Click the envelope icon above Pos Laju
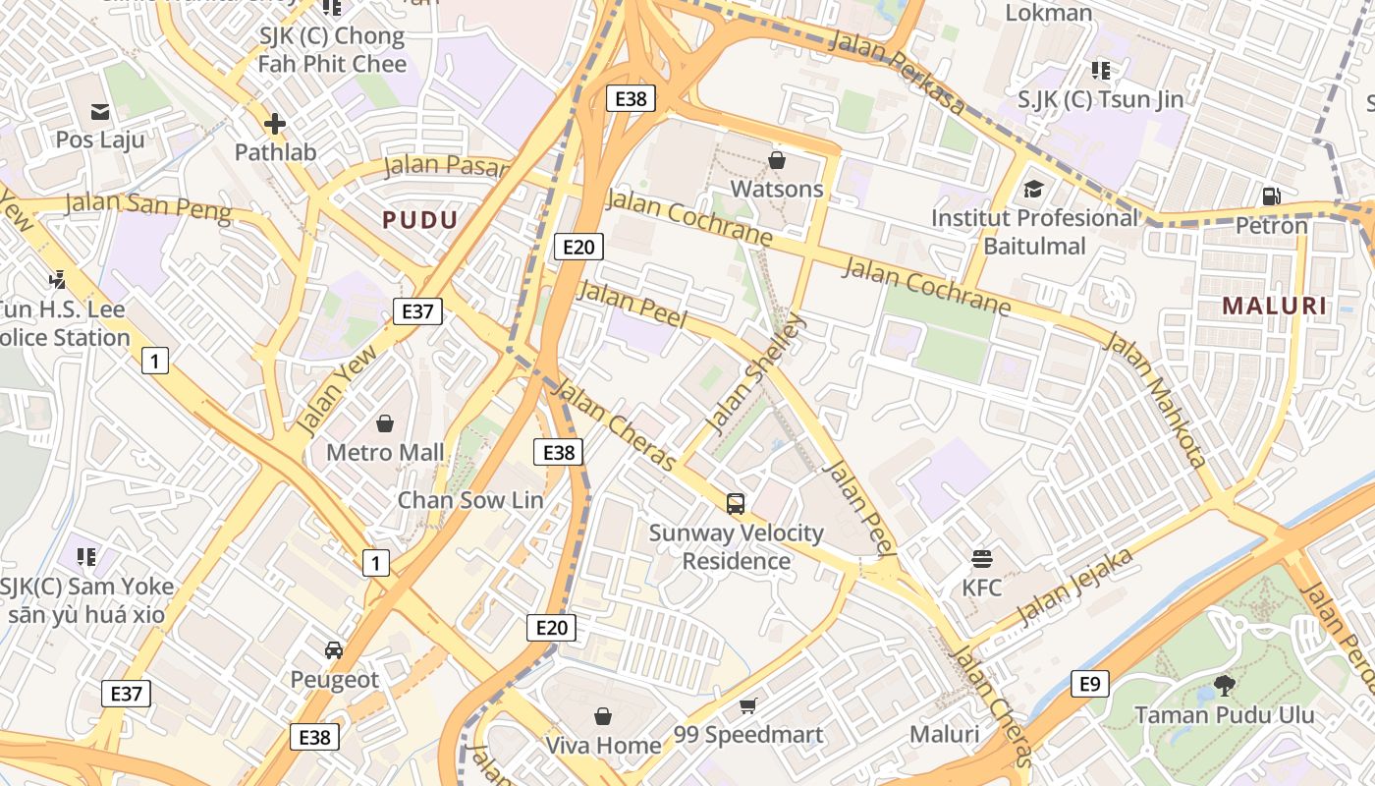(x=100, y=111)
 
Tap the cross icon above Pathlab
(x=275, y=124)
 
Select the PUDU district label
(x=420, y=220)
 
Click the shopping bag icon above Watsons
(x=777, y=159)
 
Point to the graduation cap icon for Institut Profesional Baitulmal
(x=1033, y=188)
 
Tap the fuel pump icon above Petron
(x=1271, y=196)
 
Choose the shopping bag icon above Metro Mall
(x=385, y=423)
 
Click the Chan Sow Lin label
(x=469, y=500)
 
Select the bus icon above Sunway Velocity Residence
(x=736, y=504)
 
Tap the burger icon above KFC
(x=981, y=559)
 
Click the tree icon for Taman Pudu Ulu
(x=1224, y=685)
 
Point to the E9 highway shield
(x=1089, y=684)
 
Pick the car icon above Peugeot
(x=334, y=650)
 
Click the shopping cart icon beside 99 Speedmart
(x=748, y=705)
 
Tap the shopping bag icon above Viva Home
(x=603, y=716)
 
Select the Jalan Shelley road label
(x=755, y=374)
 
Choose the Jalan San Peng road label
(x=147, y=206)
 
